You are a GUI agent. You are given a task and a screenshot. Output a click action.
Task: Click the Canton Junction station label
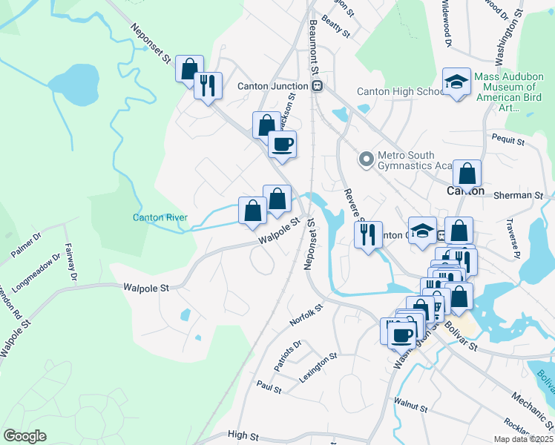(x=272, y=86)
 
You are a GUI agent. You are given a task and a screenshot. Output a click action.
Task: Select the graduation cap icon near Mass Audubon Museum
(x=456, y=83)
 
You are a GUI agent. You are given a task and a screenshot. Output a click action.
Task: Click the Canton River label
(x=160, y=217)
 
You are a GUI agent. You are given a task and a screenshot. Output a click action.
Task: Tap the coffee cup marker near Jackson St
(x=282, y=144)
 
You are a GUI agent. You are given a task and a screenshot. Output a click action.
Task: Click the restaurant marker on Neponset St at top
(x=208, y=85)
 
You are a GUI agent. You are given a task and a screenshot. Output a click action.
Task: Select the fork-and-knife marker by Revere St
(x=368, y=235)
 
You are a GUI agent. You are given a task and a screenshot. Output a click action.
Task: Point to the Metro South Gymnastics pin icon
(x=365, y=159)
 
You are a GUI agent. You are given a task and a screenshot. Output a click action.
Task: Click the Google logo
(x=24, y=436)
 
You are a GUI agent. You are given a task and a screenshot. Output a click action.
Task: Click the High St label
(x=242, y=435)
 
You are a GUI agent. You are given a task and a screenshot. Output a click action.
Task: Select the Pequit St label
(x=508, y=139)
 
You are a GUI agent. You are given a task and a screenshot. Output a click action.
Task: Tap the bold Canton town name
(x=466, y=191)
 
